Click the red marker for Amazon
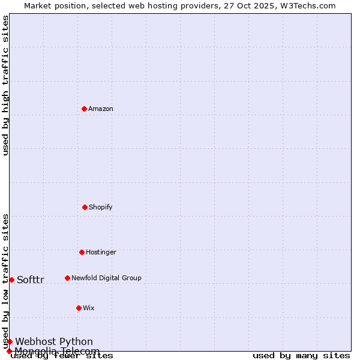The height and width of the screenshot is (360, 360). tap(84, 109)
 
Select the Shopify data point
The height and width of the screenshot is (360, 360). tap(85, 207)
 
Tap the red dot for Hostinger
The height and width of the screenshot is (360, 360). tap(82, 252)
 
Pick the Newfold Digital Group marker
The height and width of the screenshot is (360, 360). tap(67, 278)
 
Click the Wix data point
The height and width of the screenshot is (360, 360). tap(79, 308)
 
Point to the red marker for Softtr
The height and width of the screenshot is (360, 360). tap(11, 280)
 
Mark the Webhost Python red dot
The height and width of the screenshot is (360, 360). tap(10, 341)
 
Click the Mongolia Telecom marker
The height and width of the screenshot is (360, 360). tap(9, 351)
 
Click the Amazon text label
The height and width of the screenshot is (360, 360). tap(101, 109)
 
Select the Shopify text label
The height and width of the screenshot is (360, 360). tap(101, 208)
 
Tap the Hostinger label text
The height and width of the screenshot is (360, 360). tap(101, 253)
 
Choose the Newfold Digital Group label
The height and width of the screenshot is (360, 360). tap(106, 278)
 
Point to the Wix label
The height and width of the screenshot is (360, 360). tap(89, 308)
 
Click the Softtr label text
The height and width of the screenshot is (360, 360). tap(31, 280)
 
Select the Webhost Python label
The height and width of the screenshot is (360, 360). tap(54, 342)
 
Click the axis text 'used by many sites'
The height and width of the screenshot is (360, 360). tap(301, 356)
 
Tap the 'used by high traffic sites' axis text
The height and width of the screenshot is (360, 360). tap(6, 85)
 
